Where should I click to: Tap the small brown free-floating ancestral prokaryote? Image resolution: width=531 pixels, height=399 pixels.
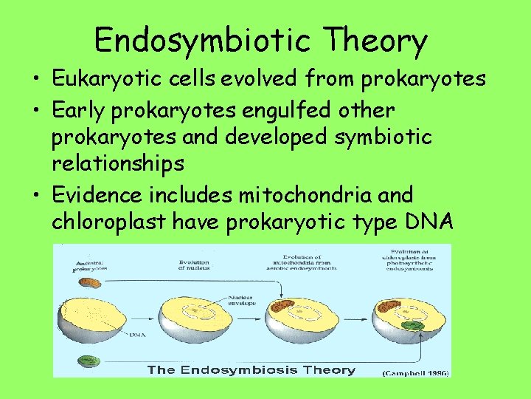[91, 282]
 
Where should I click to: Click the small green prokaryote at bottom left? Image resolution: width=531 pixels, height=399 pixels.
[89, 361]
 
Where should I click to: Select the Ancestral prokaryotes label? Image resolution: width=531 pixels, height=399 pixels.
[89, 265]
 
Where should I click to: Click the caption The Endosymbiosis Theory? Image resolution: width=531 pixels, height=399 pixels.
[251, 369]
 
